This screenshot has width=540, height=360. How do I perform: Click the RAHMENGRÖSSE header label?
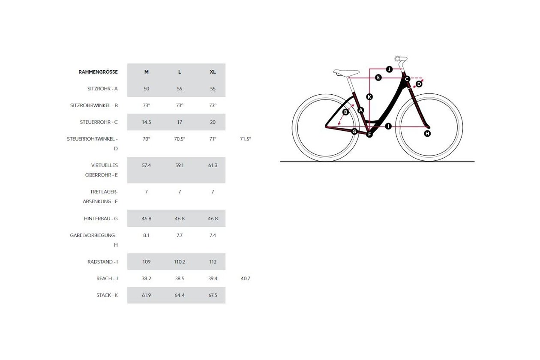pyautogui.click(x=98, y=72)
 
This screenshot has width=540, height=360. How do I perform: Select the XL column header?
pyautogui.click(x=213, y=72)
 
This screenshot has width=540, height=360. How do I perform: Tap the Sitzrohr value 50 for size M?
pyautogui.click(x=146, y=88)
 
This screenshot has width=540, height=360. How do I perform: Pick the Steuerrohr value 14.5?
pyautogui.click(x=146, y=122)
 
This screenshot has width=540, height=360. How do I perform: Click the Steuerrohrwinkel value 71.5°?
pyautogui.click(x=246, y=139)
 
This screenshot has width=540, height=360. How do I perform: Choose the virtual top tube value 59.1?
pyautogui.click(x=180, y=165)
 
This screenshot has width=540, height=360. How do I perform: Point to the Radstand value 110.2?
pyautogui.click(x=180, y=261)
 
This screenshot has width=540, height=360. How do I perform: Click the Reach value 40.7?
pyautogui.click(x=246, y=279)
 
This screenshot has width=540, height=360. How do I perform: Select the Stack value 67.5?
pyautogui.click(x=213, y=295)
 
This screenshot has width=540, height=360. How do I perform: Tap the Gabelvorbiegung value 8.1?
pyautogui.click(x=146, y=235)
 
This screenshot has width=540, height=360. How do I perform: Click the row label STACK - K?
pyautogui.click(x=107, y=295)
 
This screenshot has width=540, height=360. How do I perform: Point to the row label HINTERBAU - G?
pyautogui.click(x=101, y=219)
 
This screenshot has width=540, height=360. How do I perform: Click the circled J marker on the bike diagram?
pyautogui.click(x=389, y=69)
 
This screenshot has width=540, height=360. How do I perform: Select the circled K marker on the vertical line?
pyautogui.click(x=369, y=97)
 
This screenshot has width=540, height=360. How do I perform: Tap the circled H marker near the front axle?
pyautogui.click(x=427, y=133)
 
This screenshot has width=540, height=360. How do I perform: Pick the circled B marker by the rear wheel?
pyautogui.click(x=346, y=112)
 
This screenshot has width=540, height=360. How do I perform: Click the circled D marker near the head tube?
pyautogui.click(x=419, y=84)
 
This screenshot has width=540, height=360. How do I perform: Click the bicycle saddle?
pyautogui.click(x=346, y=73)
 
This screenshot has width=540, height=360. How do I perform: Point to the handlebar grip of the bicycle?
pyautogui.click(x=401, y=59)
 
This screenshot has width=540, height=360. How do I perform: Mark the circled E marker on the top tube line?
pyautogui.click(x=378, y=78)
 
